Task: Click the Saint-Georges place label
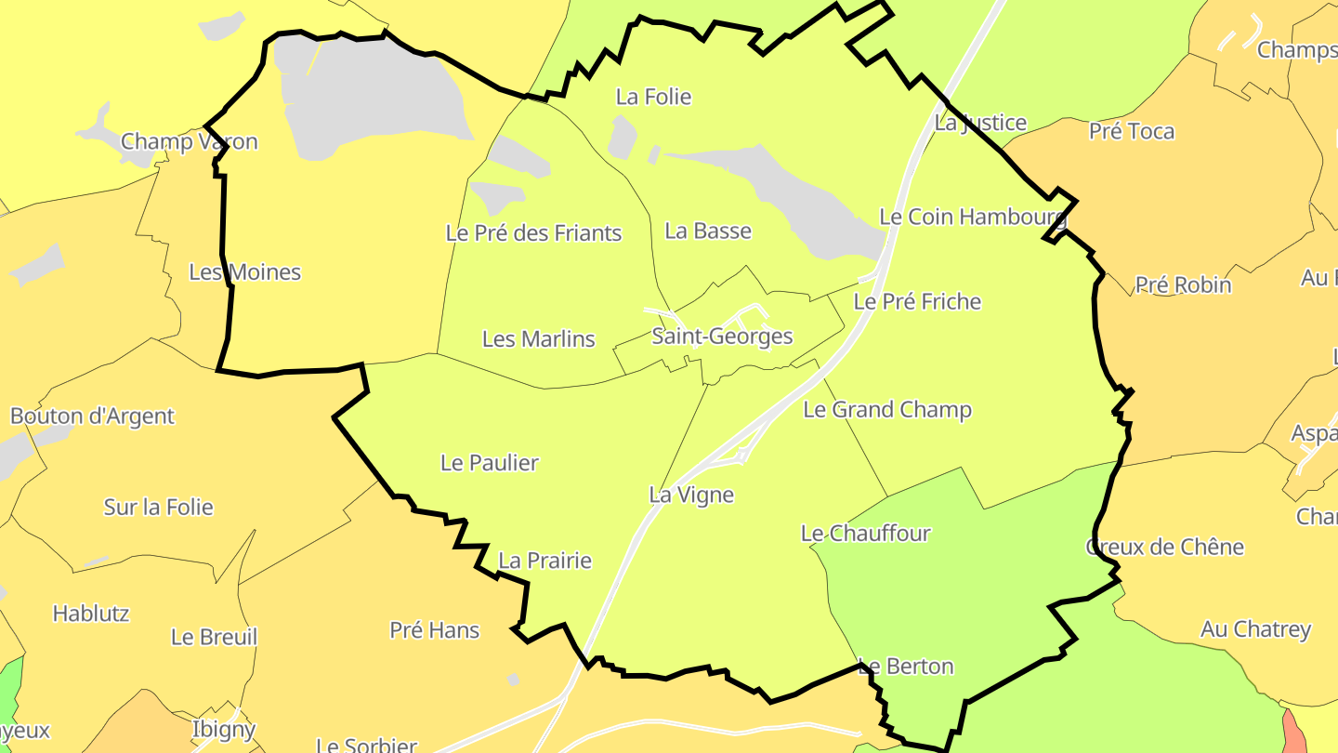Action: coord(722,337)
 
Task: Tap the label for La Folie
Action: coord(654,97)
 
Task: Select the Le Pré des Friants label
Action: coord(533,233)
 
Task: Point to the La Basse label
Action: coord(708,231)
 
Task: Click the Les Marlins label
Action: coord(538,339)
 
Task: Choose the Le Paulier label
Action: coord(489,463)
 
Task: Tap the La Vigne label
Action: coord(691,495)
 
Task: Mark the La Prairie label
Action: coord(544,561)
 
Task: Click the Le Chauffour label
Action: coord(865,534)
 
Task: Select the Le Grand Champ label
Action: coord(886,410)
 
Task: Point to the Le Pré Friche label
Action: coord(917,302)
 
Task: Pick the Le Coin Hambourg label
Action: coord(973,218)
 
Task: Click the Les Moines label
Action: coord(245,272)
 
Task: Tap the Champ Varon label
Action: coord(190,142)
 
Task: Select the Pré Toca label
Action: coord(1131,132)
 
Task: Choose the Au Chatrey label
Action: coord(1255,630)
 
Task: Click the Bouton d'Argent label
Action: coord(92,416)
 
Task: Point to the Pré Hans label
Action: coord(434,630)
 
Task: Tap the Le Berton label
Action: coord(906,667)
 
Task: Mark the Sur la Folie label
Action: coord(158,508)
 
